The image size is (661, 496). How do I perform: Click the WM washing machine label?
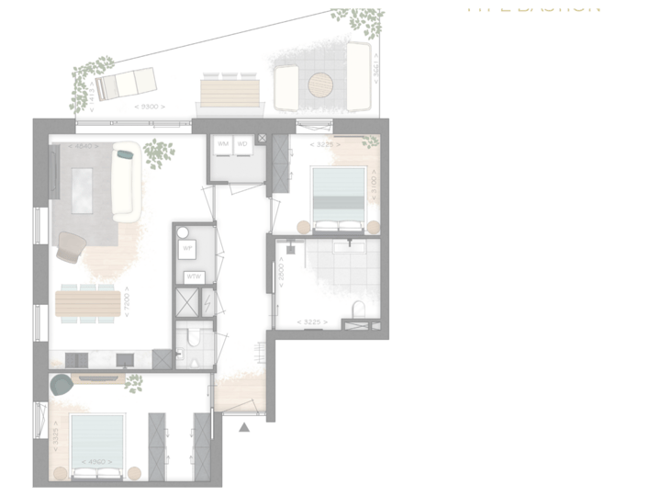[x=222, y=144]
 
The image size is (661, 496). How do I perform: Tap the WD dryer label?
[x=242, y=144]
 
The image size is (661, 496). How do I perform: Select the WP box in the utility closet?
[x=188, y=248]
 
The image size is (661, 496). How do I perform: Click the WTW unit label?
[x=194, y=276]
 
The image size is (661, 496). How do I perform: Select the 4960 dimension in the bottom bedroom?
[x=95, y=462]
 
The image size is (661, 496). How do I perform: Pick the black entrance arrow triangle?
[x=244, y=426]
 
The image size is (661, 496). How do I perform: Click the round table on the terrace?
[x=320, y=85]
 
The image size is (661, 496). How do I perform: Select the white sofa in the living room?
[x=126, y=182]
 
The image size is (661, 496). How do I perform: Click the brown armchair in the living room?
[x=72, y=245]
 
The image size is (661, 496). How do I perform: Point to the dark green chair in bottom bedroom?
[x=62, y=385]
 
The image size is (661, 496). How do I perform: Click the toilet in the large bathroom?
[x=359, y=308]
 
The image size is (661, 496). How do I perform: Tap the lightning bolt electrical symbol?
[x=208, y=301]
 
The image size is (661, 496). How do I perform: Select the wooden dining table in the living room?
[x=88, y=303]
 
